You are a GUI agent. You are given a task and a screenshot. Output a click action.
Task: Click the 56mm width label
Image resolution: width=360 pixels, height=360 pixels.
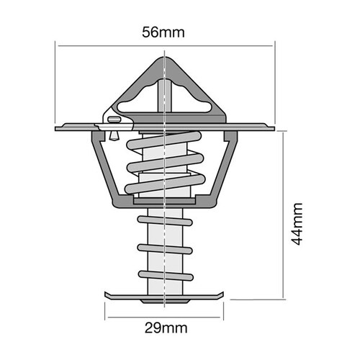(164, 32)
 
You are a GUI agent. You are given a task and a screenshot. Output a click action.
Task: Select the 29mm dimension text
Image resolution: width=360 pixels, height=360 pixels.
(165, 329)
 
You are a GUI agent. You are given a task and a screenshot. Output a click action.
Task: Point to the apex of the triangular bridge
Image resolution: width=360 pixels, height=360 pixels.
(165, 57)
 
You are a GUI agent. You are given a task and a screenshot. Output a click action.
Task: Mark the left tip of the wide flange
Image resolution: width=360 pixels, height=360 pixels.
(58, 128)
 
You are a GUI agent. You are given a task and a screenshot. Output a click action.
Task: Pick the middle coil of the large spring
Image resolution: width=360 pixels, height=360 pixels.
(166, 168)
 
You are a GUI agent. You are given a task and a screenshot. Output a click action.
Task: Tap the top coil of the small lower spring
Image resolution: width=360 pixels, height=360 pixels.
(165, 219)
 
